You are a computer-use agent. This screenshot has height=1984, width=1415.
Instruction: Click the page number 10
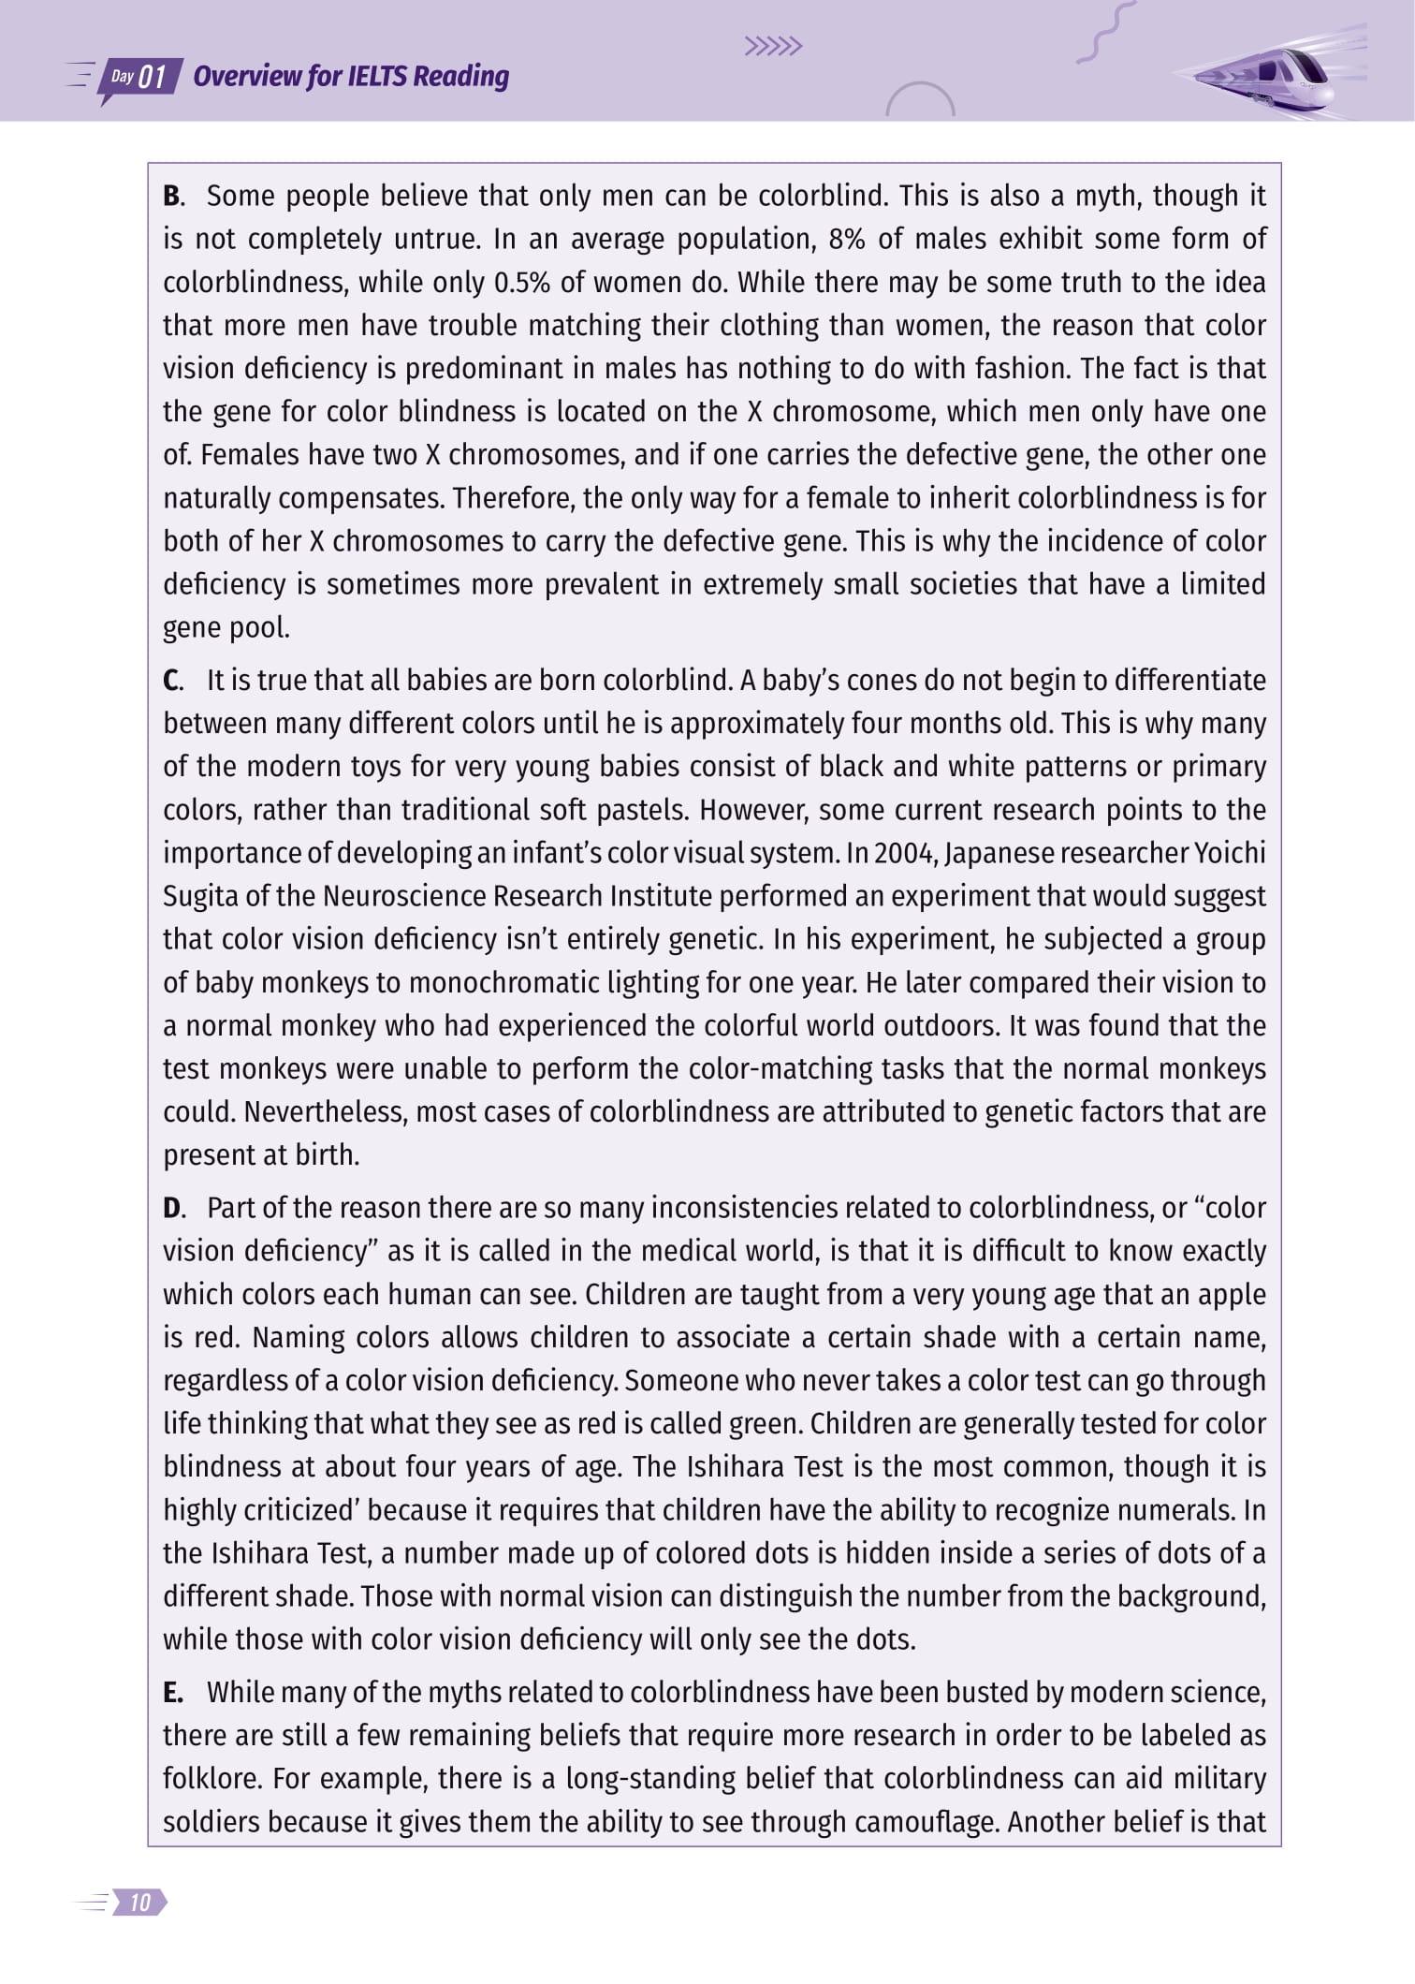point(140,1903)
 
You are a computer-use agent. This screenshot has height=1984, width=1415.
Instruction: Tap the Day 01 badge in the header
point(140,77)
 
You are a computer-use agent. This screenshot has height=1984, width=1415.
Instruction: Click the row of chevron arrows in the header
point(773,47)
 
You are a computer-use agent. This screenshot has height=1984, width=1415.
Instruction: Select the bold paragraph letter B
point(173,197)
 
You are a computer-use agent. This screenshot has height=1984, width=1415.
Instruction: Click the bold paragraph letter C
point(173,681)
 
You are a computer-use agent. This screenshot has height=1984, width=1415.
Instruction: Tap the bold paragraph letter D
point(173,1209)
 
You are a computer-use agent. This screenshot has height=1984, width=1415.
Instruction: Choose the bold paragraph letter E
point(172,1693)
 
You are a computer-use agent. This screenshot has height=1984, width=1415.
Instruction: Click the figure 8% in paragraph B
point(846,240)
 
